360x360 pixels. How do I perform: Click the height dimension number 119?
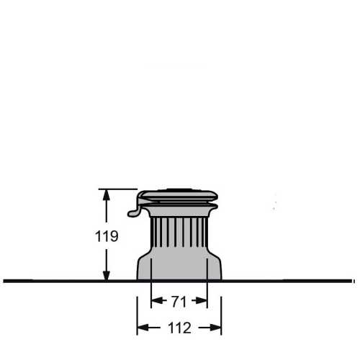click(x=107, y=235)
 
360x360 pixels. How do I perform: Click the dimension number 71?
click(x=179, y=300)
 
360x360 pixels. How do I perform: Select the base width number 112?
click(x=179, y=328)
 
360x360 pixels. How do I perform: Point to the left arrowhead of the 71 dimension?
click(x=155, y=300)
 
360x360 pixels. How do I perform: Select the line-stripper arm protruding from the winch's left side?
click(x=133, y=211)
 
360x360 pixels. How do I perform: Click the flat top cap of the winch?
click(x=179, y=192)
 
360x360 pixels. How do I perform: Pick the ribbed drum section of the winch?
click(x=179, y=234)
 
